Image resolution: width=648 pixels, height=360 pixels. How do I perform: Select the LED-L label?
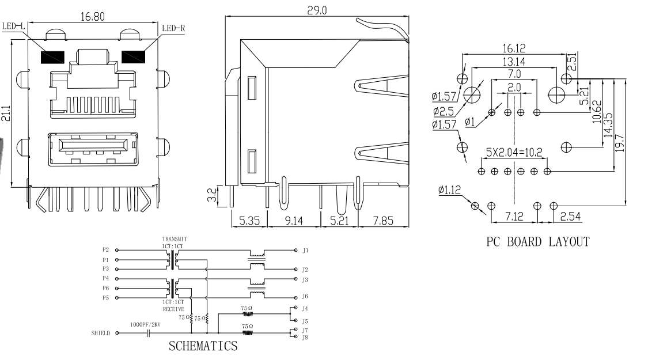click(13, 27)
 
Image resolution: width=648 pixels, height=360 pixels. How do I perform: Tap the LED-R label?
click(174, 27)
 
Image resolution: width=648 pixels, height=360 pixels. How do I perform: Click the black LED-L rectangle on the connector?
click(51, 58)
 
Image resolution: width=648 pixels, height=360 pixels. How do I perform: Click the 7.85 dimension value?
click(382, 221)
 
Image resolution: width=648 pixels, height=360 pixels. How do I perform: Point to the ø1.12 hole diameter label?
click(449, 188)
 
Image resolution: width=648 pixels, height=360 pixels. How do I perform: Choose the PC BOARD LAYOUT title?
click(538, 242)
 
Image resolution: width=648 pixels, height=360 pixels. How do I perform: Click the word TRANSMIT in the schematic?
click(174, 239)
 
